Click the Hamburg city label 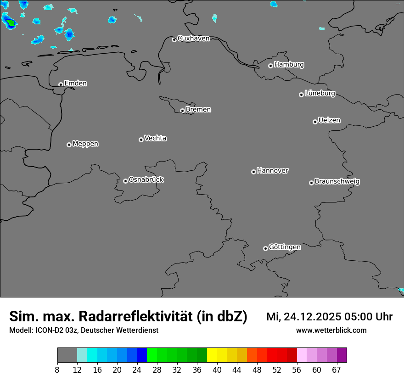pos(289,65)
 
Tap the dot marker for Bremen pos(182,111)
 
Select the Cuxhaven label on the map pos(193,39)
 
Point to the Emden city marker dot pos(61,84)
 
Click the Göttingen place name pos(285,247)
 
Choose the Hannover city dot pos(253,172)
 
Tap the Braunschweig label pos(337,181)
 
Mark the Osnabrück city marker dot pos(125,181)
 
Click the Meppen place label pos(85,144)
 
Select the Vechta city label pos(155,138)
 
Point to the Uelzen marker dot pos(315,122)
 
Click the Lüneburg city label pos(320,93)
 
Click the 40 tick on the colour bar pos(217,370)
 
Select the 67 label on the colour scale pos(337,370)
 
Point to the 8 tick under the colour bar pos(57,370)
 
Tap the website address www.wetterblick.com pos(331,330)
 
